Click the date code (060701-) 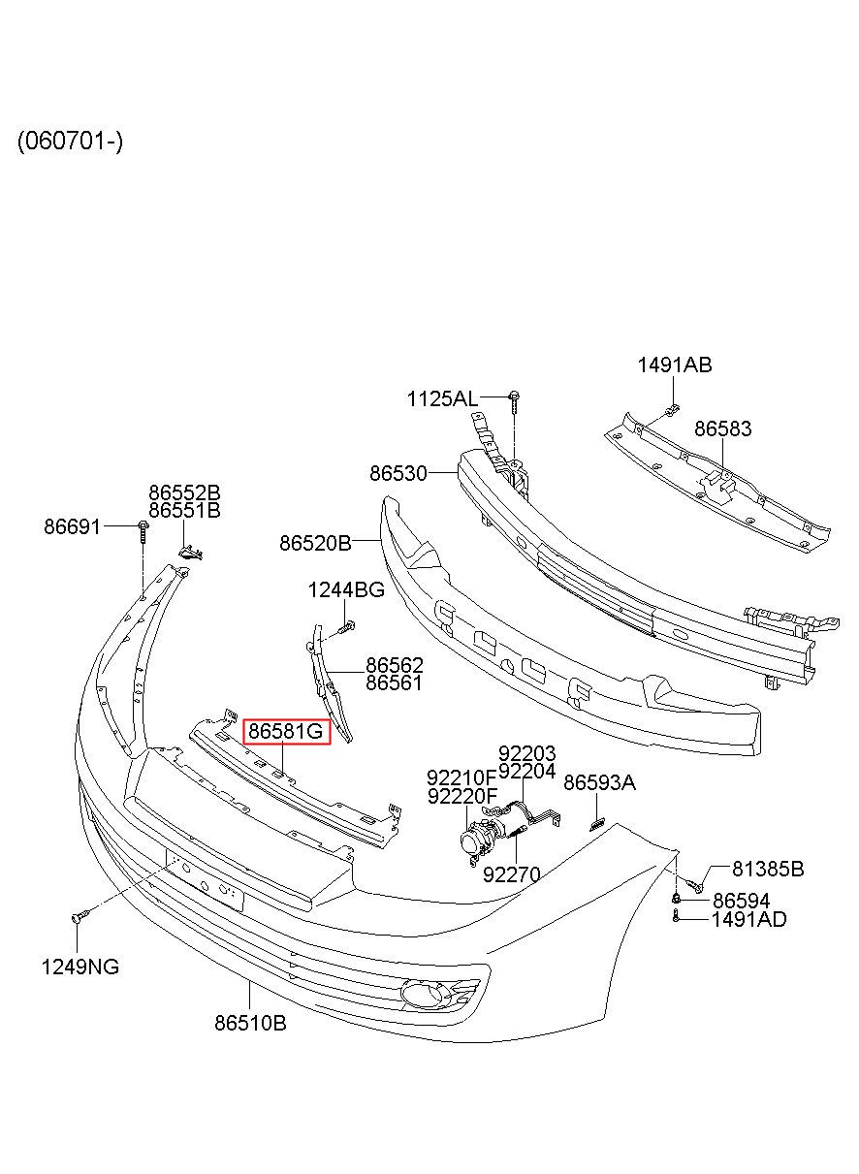(70, 141)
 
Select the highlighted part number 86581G (286, 731)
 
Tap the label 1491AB (675, 365)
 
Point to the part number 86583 (722, 428)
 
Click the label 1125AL (442, 399)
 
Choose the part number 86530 (398, 473)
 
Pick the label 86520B (315, 543)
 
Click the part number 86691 (72, 526)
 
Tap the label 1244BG (346, 590)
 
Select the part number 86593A (599, 783)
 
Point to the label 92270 (511, 874)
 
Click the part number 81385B (768, 869)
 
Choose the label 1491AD (748, 919)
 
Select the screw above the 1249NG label (80, 916)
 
